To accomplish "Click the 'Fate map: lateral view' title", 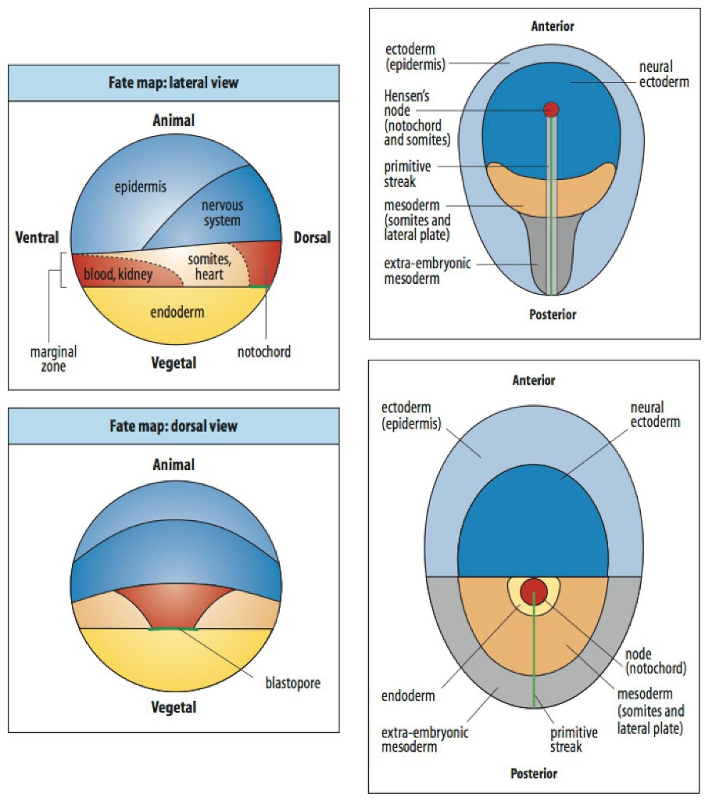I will [174, 82].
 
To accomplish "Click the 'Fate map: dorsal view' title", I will [174, 426].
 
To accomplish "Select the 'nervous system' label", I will [223, 214].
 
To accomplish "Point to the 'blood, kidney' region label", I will [118, 274].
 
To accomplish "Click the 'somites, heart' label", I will [206, 266].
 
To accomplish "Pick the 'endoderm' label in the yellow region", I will [178, 312].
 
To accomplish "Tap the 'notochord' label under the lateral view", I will [263, 352].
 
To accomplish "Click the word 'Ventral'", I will [37, 237].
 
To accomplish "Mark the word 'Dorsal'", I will [312, 237].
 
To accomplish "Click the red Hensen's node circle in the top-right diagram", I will [552, 110].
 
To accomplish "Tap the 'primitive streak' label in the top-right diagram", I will [406, 174].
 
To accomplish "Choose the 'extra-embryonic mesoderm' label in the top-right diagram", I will [427, 271].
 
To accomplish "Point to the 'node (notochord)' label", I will [657, 661].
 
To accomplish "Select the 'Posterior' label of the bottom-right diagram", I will [534, 774].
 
